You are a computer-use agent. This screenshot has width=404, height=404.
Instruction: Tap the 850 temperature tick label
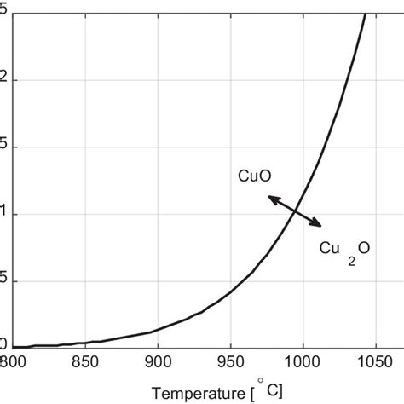(x=85, y=361)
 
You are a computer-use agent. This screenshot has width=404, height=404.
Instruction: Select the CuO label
(x=253, y=176)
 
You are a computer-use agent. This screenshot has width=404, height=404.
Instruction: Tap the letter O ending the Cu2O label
(x=364, y=248)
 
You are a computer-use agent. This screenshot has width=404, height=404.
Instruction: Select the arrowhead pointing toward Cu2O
(x=318, y=225)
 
